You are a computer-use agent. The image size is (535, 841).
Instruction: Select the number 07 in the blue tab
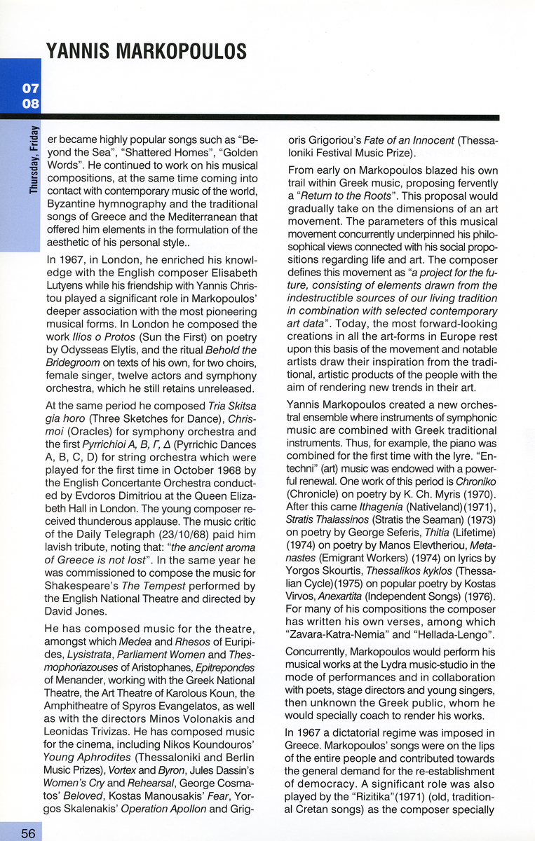pyautogui.click(x=30, y=89)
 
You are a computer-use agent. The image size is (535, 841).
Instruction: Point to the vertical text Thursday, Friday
pyautogui.click(x=33, y=160)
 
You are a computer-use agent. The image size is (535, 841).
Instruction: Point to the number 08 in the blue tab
pyautogui.click(x=30, y=104)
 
